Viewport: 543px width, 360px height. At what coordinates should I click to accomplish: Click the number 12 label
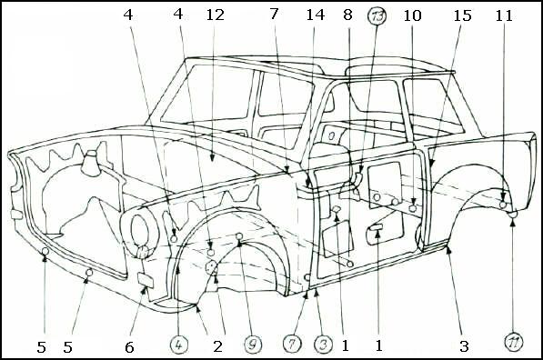coord(215,15)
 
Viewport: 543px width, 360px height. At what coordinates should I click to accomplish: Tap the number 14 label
coord(315,15)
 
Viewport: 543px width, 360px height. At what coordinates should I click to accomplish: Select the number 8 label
coord(347,15)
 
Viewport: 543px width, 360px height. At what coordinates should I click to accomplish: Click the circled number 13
coord(377,16)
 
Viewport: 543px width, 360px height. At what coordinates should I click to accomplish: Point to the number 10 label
coord(412,15)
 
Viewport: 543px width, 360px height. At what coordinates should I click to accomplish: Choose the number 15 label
coord(463,15)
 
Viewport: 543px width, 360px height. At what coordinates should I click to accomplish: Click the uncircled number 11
coord(504,15)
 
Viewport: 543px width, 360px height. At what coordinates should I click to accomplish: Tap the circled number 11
coord(514,342)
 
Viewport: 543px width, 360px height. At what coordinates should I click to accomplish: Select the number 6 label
coord(129,347)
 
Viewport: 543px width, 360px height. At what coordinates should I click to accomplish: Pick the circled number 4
coord(178,345)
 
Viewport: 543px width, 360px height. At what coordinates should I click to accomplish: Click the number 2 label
coord(217,346)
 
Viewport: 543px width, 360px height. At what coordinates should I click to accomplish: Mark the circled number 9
coord(253,345)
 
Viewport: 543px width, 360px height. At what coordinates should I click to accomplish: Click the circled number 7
coord(292,345)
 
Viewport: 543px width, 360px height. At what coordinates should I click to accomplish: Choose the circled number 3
coord(323,345)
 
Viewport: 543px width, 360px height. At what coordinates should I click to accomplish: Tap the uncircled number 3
coord(464,346)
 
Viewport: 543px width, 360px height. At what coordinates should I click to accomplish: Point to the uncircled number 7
coord(274,15)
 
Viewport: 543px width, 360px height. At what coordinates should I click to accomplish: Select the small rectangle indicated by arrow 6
coord(146,280)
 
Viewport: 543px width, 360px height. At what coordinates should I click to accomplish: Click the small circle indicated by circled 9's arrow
coord(239,236)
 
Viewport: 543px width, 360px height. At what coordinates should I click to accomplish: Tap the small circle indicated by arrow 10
coord(412,208)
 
